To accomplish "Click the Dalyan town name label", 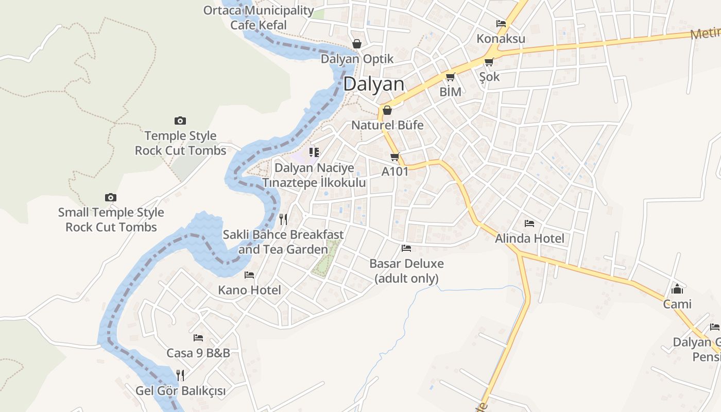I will pos(374,84).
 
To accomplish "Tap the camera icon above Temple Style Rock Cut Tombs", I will pos(180,121).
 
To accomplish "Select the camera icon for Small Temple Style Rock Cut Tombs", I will pos(110,197).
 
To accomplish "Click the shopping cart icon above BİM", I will pos(450,77).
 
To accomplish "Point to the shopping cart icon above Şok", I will pos(489,62).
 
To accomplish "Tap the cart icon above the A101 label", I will pos(394,157).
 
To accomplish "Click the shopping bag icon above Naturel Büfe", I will pos(387,110).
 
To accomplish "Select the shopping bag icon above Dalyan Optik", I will pos(356,44).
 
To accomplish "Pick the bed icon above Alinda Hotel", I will pos(529,224).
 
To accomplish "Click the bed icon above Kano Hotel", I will pos(249,275).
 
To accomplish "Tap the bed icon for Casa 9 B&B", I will pos(198,338).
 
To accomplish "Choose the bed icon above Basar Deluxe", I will pos(406,248).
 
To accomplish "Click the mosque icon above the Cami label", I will pos(677,289).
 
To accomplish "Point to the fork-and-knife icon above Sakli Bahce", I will pos(283,219).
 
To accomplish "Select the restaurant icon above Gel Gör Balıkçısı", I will pos(180,375).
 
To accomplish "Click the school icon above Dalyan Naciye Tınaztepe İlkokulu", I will pos(314,152).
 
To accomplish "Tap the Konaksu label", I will pos(501,39).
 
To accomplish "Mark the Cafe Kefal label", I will pos(259,25).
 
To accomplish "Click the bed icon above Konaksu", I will pos(501,24).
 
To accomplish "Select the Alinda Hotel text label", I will pos(529,238).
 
